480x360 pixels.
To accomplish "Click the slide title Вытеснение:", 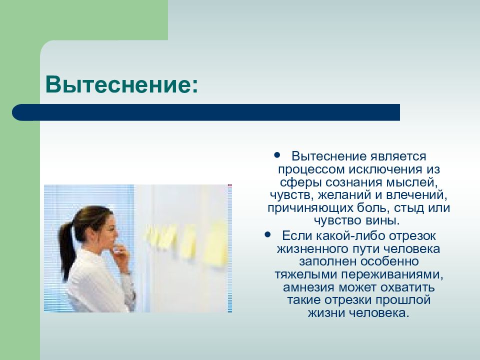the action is (x=121, y=84).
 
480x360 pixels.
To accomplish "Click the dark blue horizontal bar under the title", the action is (x=206, y=112).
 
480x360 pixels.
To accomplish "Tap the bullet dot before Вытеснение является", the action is (x=277, y=155).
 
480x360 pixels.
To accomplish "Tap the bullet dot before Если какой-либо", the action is (x=268, y=234).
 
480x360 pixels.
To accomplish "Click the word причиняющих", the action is (x=310, y=208).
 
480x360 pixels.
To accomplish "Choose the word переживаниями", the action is (x=392, y=275).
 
